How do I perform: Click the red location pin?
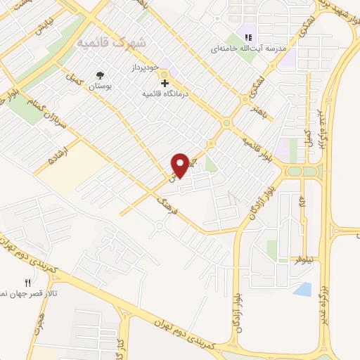(x=180, y=165)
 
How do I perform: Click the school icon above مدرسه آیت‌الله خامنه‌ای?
(x=247, y=37)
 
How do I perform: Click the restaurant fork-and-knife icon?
(x=28, y=283)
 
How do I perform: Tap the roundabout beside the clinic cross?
(x=164, y=73)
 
